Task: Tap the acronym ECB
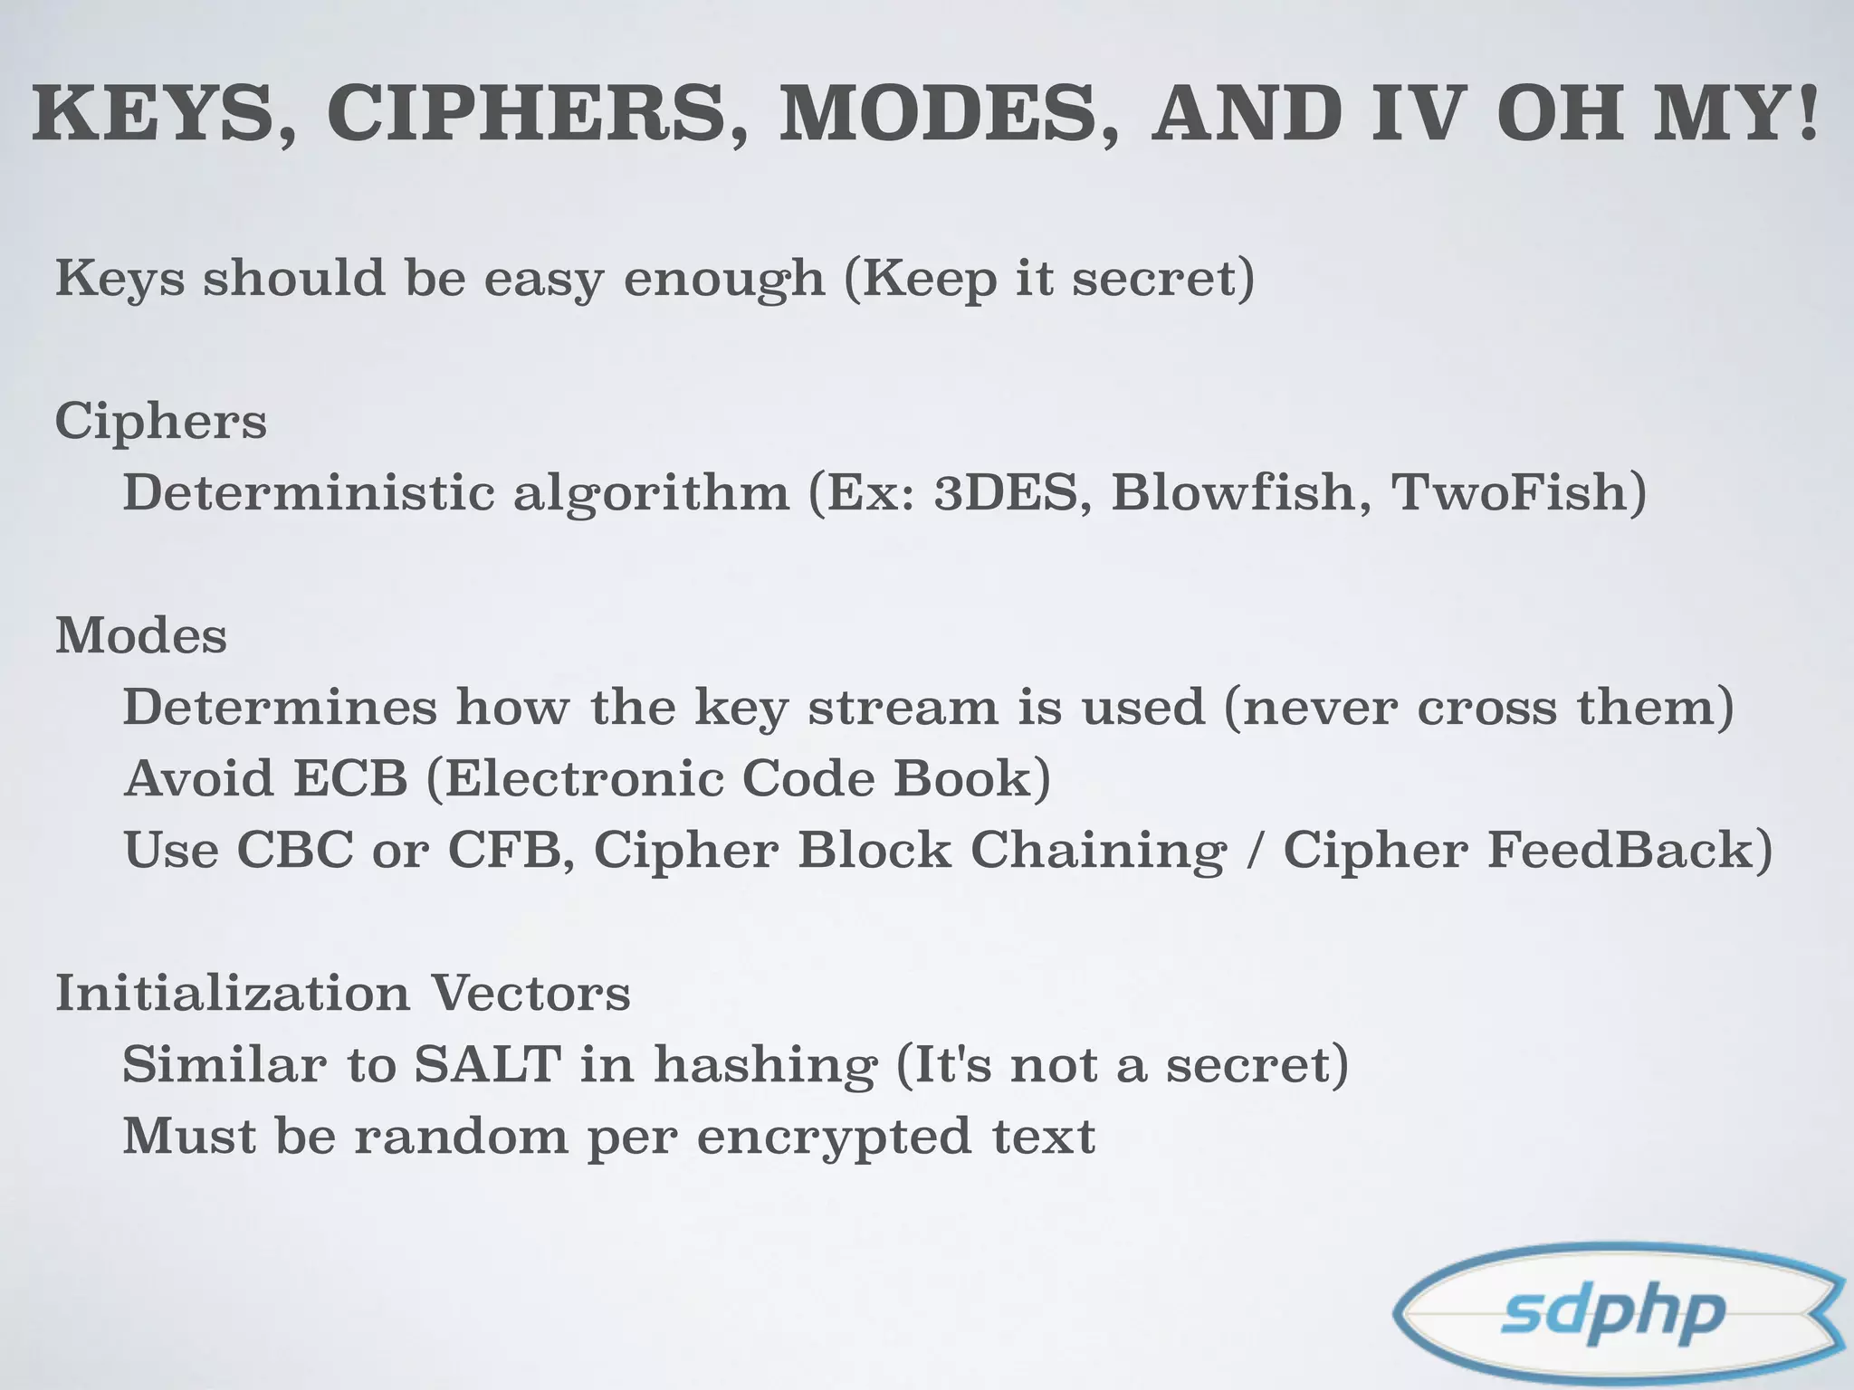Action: [x=350, y=778]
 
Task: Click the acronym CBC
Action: [x=294, y=851]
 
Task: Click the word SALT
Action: [x=487, y=1064]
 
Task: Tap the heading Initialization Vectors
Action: [x=342, y=993]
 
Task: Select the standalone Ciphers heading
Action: [x=161, y=422]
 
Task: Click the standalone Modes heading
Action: [x=141, y=636]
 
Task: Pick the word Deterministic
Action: [x=309, y=493]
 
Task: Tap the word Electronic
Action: [x=583, y=778]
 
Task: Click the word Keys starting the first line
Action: [x=119, y=279]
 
